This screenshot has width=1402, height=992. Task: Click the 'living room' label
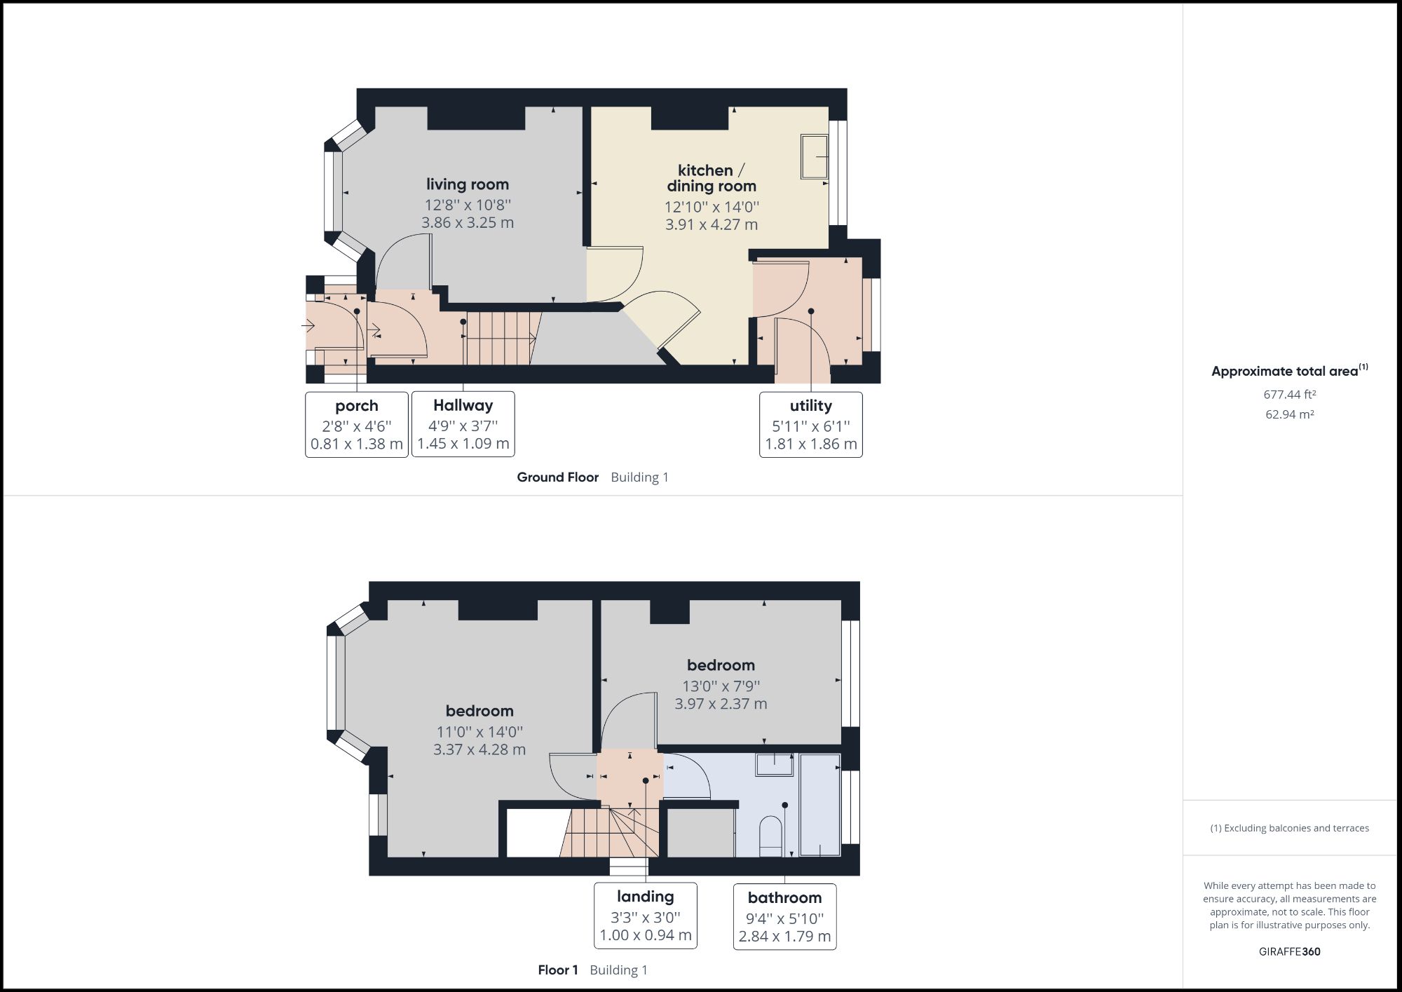(x=468, y=184)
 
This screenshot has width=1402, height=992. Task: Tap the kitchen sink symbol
(x=815, y=156)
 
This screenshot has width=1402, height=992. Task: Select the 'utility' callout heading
(x=810, y=406)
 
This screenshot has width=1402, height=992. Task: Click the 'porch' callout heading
(x=356, y=406)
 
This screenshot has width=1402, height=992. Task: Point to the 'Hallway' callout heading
(x=463, y=405)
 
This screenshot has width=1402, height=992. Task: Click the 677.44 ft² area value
(x=1289, y=395)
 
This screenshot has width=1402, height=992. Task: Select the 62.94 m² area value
(x=1289, y=414)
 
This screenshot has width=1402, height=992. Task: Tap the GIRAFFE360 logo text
(x=1289, y=951)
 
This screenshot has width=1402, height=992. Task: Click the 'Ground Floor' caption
(x=557, y=477)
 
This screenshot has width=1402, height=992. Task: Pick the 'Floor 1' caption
(x=558, y=970)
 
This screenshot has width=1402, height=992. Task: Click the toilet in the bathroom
(x=770, y=836)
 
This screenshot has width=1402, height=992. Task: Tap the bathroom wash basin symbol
(x=774, y=764)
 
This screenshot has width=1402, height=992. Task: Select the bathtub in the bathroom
(x=819, y=805)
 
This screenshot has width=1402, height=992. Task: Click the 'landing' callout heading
(x=645, y=897)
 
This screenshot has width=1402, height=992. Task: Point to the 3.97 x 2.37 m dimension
(x=721, y=704)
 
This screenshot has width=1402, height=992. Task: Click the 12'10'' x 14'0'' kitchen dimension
(x=712, y=207)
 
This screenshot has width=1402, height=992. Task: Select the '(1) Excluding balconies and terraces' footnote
(x=1289, y=828)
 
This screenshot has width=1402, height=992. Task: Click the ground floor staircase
(x=499, y=339)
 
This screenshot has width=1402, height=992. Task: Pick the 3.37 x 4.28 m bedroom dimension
(x=479, y=749)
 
